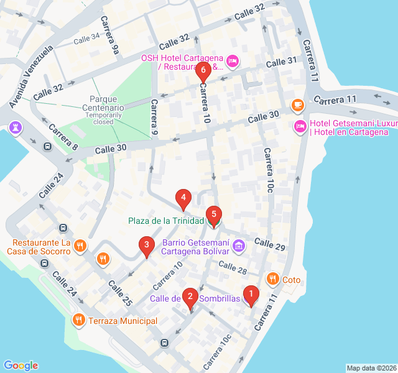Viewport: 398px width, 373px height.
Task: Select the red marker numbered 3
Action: point(146,246)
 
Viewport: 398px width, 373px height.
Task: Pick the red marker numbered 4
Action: point(183,199)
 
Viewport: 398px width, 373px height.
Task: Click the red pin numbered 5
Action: point(213,216)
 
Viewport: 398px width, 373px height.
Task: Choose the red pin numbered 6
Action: point(203,71)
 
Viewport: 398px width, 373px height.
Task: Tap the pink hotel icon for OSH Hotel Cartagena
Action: point(232,61)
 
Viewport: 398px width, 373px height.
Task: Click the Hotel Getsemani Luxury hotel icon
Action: point(300,127)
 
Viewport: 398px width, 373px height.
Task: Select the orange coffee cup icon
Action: point(298,104)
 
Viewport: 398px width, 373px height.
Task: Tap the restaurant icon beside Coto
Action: point(272,280)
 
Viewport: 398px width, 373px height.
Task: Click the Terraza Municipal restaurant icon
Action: point(78,320)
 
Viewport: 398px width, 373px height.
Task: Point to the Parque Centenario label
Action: point(107,103)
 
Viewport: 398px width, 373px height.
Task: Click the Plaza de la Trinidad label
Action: point(166,221)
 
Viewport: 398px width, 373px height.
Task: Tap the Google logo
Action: point(21,366)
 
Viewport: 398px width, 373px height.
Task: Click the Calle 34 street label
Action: point(86,39)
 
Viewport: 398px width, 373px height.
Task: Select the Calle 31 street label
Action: point(282,63)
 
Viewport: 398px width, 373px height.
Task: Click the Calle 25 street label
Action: point(120,293)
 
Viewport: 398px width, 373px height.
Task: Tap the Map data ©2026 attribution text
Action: point(371,368)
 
